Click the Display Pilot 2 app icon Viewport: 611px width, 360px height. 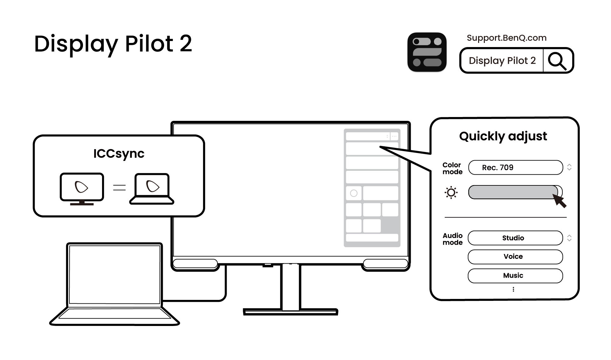click(427, 52)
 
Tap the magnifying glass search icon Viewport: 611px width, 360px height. click(557, 60)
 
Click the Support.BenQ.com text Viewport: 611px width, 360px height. click(506, 38)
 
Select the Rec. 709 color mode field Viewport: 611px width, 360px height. click(515, 168)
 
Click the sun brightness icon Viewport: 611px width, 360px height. click(451, 192)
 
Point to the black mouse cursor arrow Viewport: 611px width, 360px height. click(560, 201)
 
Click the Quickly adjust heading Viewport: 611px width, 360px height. click(503, 136)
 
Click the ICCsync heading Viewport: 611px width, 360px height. click(119, 154)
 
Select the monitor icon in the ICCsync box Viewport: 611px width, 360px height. click(82, 189)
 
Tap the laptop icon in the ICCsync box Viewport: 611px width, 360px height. click(152, 189)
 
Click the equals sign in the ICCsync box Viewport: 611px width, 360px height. click(119, 188)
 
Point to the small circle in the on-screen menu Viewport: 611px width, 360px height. click(354, 193)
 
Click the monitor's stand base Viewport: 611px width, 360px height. click(290, 311)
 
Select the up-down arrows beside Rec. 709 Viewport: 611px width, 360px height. click(569, 167)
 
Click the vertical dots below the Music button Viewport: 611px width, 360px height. click(513, 289)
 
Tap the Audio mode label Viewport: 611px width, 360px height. click(452, 239)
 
